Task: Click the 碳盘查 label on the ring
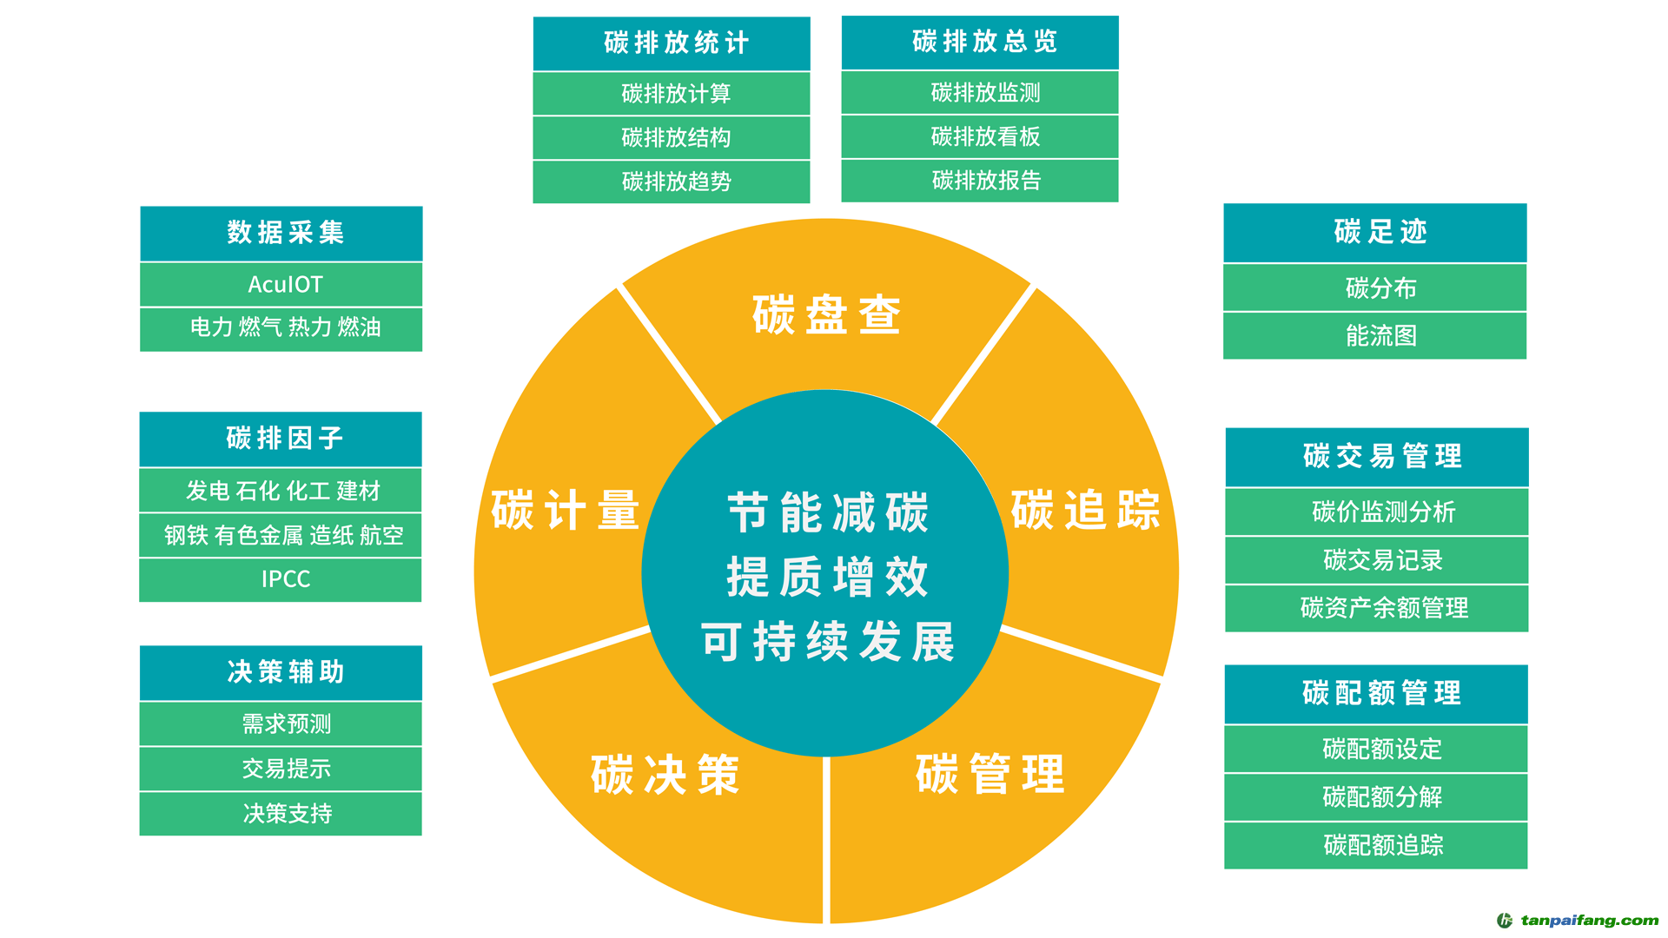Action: click(826, 314)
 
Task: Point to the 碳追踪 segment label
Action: click(1085, 510)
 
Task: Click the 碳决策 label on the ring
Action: click(665, 775)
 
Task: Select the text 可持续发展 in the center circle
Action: click(827, 643)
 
